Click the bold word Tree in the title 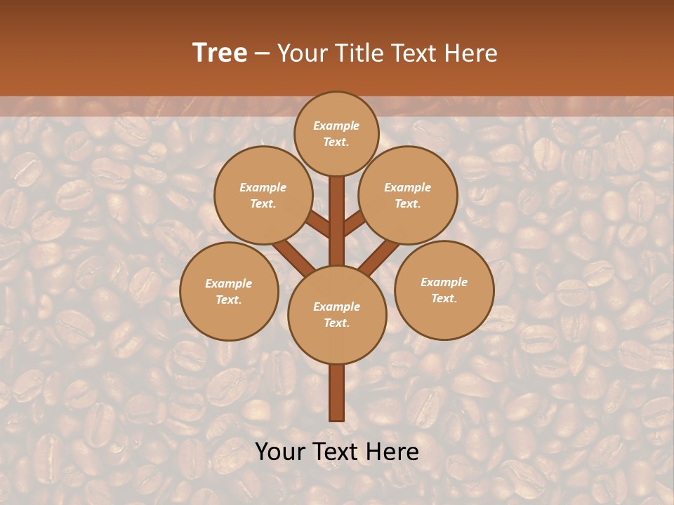(x=220, y=53)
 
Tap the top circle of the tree (x=336, y=133)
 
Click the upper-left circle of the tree (x=263, y=195)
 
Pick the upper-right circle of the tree (x=408, y=195)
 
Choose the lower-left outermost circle (x=229, y=291)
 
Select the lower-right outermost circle (x=444, y=290)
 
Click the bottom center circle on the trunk (x=336, y=314)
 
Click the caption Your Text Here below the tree (x=337, y=452)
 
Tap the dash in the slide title (x=262, y=53)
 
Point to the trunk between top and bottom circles (x=336, y=221)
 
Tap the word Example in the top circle (x=336, y=126)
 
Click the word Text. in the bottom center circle (x=336, y=323)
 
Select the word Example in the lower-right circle (x=444, y=282)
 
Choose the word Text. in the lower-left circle (x=229, y=299)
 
